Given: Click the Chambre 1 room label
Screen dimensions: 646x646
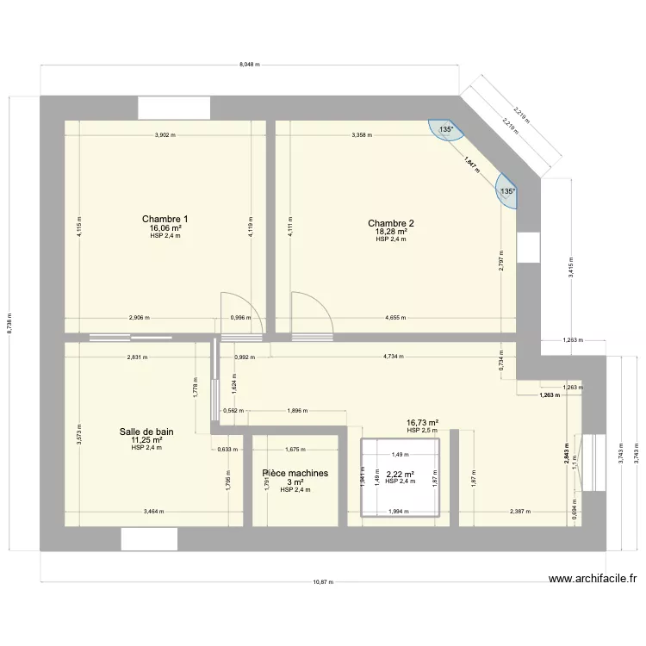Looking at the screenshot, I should tap(165, 220).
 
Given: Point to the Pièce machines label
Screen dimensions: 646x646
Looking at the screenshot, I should tap(295, 473).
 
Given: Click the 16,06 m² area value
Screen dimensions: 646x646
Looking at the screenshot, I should tap(165, 228).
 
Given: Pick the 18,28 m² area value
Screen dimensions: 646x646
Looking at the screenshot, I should tap(390, 232).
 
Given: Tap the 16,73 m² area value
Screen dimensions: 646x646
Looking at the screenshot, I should tap(423, 423).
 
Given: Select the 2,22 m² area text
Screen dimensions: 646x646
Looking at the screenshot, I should tap(400, 474).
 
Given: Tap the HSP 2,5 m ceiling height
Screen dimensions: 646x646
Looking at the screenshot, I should tap(423, 431).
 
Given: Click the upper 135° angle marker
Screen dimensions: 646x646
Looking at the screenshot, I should tap(445, 129).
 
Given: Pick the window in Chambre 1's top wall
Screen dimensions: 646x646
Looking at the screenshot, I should tap(175, 108).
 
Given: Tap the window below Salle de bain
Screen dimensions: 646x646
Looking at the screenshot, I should tap(149, 539).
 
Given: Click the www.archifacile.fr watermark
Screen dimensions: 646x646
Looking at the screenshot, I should tap(591, 579).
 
